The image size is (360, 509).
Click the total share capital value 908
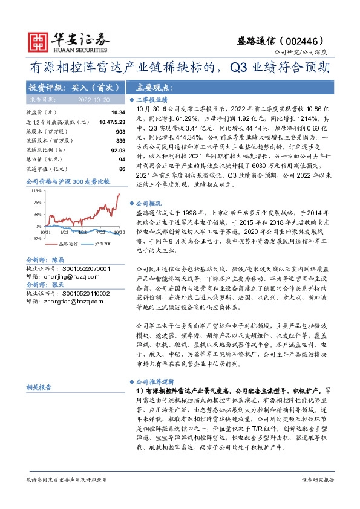(x=120, y=131)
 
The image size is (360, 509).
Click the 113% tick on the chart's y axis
(x=36, y=190)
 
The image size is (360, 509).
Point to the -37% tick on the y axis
(x=36, y=238)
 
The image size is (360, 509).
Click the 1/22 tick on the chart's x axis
(x=64, y=232)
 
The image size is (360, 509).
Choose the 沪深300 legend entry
(x=90, y=244)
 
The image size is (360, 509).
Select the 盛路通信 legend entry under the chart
(x=54, y=244)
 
